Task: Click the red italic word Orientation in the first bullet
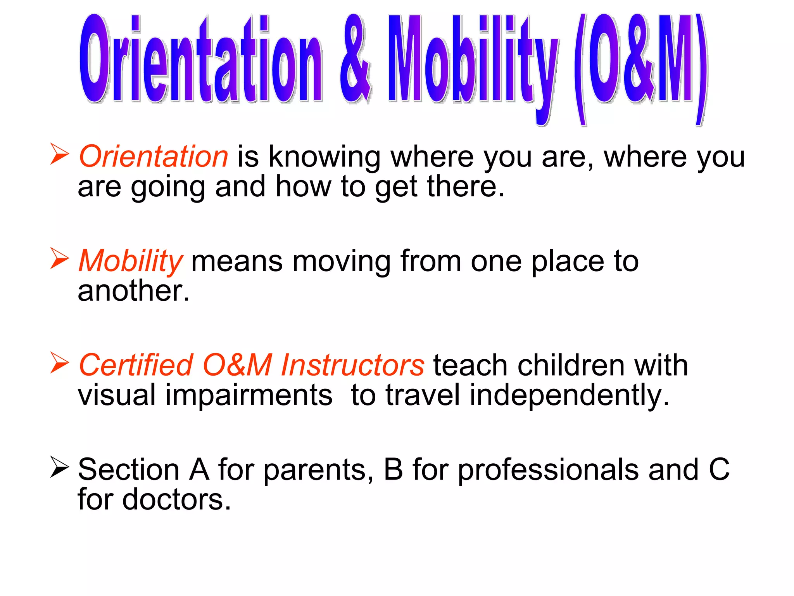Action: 154,156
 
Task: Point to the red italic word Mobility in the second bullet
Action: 130,261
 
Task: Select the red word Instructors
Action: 352,365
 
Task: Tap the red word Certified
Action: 136,365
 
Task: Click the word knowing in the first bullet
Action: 325,158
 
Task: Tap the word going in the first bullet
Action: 168,188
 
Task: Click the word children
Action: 570,365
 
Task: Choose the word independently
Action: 569,396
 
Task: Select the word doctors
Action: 176,499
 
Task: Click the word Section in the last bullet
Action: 128,470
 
